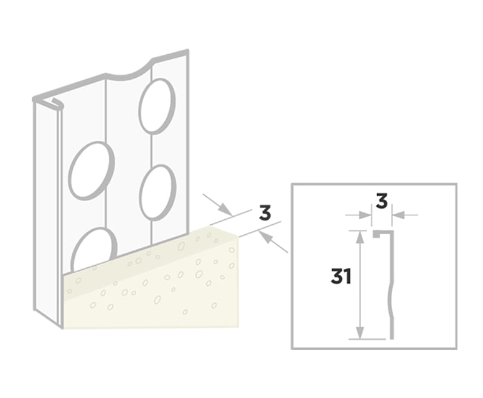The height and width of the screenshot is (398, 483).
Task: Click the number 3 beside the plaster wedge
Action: (x=265, y=212)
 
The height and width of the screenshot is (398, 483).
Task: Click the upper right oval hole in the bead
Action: (x=156, y=105)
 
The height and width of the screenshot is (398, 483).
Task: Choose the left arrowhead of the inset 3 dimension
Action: (x=367, y=215)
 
